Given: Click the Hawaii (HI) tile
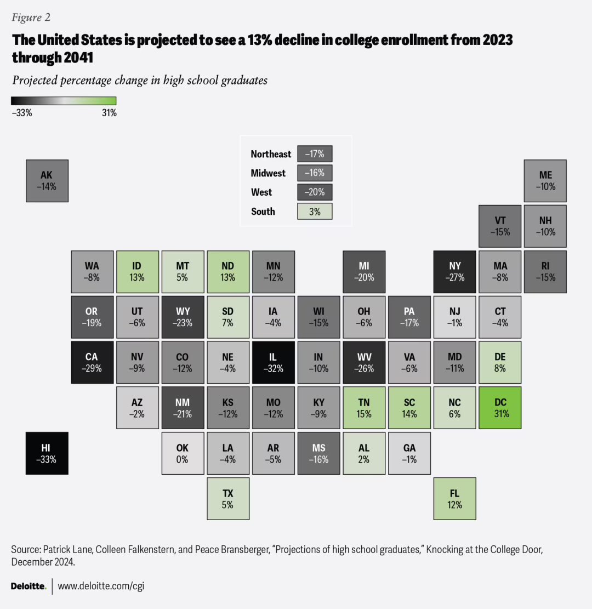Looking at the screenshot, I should [47, 453].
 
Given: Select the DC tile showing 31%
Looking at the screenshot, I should [500, 408].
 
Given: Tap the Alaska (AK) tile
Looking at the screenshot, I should [47, 180].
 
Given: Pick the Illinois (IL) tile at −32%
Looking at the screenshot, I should [273, 362].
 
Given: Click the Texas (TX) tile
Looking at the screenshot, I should [228, 498].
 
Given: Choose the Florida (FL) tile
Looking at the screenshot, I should [454, 498].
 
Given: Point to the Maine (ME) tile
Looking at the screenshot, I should [545, 180].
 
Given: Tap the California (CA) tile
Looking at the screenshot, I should [92, 362].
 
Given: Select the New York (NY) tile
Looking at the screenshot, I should [454, 271].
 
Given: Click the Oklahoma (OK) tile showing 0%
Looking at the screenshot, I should [183, 453].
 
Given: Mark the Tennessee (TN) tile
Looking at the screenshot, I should [364, 408].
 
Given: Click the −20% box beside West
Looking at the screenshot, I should [315, 192].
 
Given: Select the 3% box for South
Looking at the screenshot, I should [315, 212].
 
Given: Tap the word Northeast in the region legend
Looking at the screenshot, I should [271, 154].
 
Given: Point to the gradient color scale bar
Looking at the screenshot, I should [64, 101].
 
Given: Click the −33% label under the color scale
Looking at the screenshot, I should [22, 113].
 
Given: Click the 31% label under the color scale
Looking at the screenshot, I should [109, 113].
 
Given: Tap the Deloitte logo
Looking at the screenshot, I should [29, 586].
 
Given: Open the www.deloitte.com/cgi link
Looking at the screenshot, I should [101, 586].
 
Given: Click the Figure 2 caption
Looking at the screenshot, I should [31, 18].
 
